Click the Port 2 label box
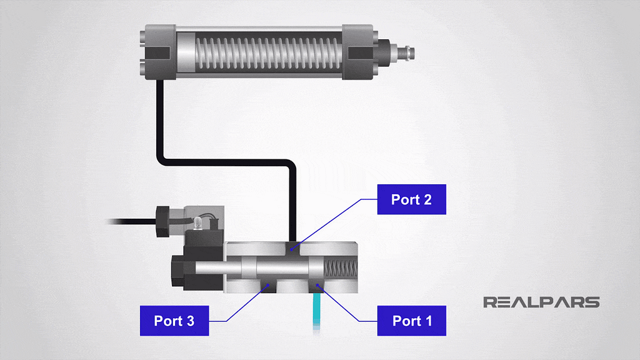click(x=411, y=199)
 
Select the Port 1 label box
click(x=411, y=321)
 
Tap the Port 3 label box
click(x=174, y=321)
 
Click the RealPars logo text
click(x=541, y=302)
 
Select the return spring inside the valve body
click(x=341, y=269)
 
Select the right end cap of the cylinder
click(x=361, y=51)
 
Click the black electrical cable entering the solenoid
click(x=131, y=221)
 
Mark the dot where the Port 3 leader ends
click(x=268, y=286)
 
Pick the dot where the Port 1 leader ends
click(x=318, y=286)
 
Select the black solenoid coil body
click(x=187, y=269)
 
